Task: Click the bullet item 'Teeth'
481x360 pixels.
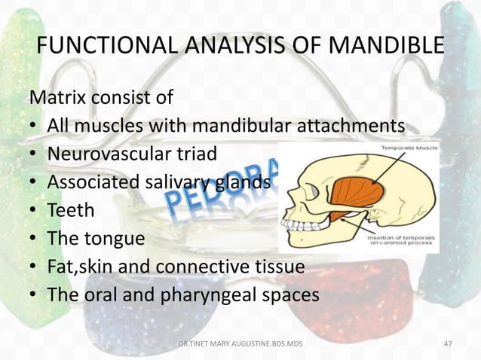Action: tap(71, 210)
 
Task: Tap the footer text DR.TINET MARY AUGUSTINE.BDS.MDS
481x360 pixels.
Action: tap(240, 344)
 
